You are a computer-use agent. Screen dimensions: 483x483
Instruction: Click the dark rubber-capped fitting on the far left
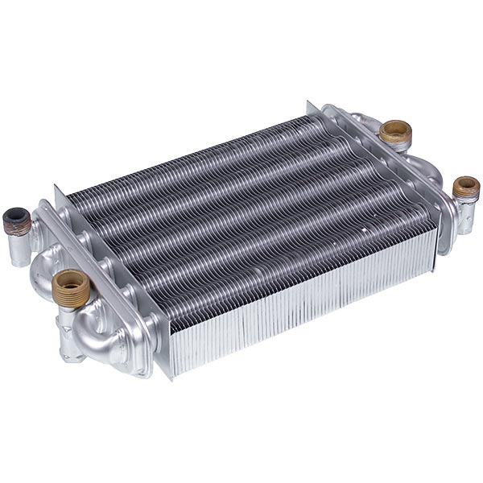(x=16, y=220)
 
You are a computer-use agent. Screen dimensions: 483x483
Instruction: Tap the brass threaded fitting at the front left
(x=71, y=287)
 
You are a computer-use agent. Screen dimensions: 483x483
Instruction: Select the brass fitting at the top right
(x=395, y=133)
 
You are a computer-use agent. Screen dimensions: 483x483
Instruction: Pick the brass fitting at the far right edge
(x=466, y=189)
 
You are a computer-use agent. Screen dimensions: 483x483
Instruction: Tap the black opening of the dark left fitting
(x=15, y=215)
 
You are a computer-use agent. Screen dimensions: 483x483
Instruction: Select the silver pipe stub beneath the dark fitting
(x=19, y=250)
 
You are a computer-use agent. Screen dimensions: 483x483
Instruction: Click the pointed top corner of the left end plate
(x=56, y=188)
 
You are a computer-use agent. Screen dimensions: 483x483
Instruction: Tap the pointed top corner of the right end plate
(x=308, y=102)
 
